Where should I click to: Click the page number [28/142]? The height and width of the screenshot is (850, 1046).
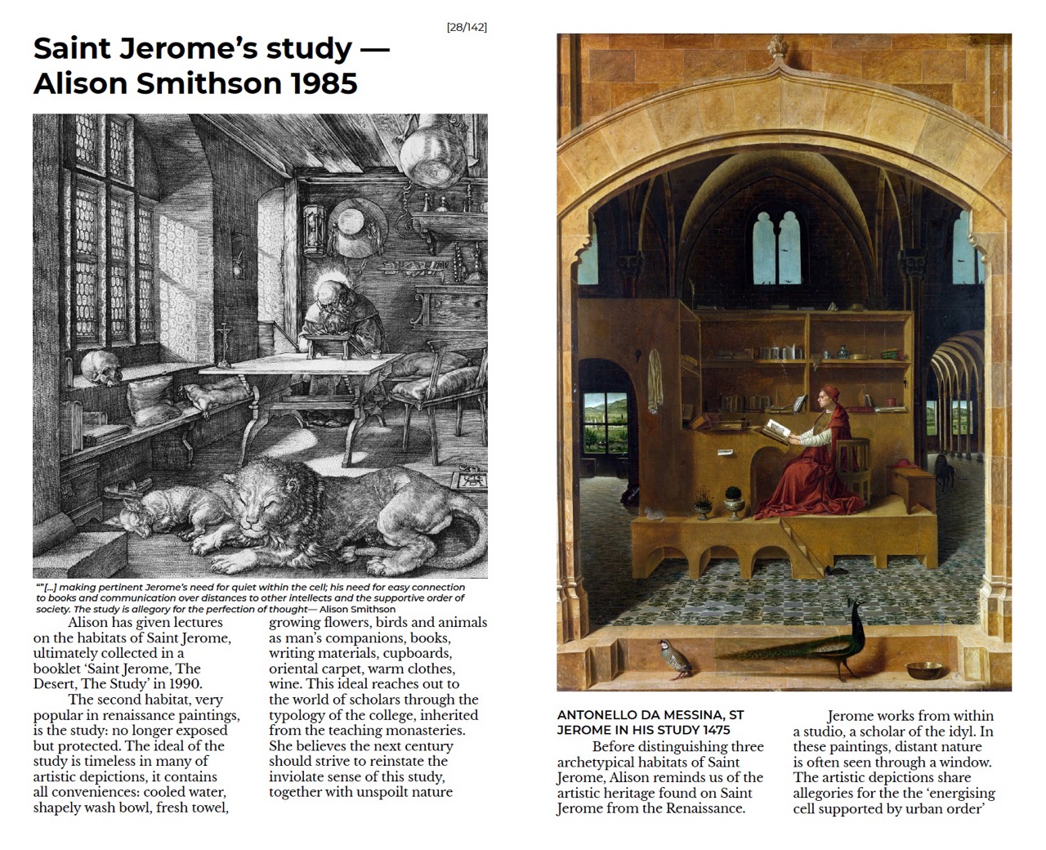(467, 27)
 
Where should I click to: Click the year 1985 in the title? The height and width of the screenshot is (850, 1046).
(324, 83)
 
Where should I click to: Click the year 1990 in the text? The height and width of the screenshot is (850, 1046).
(186, 684)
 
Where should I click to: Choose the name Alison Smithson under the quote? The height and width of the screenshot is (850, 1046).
(357, 609)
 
